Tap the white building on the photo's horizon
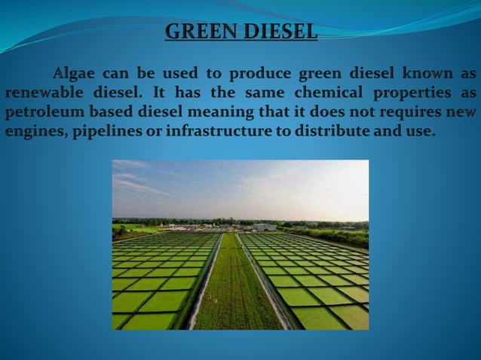click(264, 226)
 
